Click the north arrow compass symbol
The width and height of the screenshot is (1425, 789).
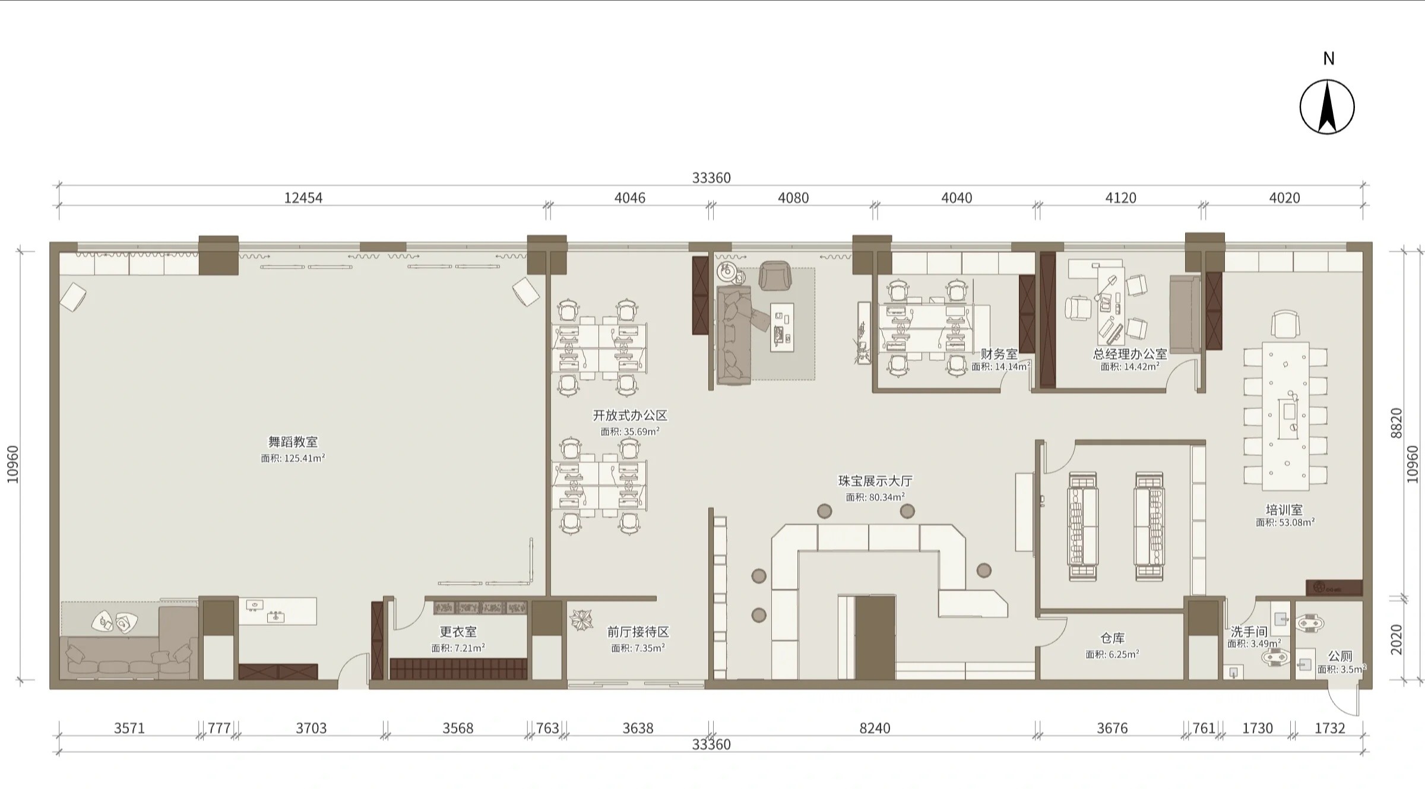1327,107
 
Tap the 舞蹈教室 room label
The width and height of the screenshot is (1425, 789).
293,442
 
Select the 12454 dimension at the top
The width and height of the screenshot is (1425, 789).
303,198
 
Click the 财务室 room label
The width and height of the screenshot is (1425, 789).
999,354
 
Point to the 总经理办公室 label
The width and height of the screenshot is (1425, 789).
1130,354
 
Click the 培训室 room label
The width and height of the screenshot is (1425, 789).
1284,510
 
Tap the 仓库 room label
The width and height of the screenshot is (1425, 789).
1112,638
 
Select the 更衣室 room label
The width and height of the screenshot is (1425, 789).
458,632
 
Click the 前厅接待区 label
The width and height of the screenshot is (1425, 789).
638,632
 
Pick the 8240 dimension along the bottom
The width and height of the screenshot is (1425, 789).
875,728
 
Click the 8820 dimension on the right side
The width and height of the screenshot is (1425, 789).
1396,423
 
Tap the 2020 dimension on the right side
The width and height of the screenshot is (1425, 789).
1396,639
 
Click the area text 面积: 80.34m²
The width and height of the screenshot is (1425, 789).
875,497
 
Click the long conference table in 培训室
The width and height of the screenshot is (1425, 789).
1285,416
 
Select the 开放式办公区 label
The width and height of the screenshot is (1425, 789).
630,416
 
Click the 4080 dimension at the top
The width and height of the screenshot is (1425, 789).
793,198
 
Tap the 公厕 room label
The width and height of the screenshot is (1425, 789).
1340,656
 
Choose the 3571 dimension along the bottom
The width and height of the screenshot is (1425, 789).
129,728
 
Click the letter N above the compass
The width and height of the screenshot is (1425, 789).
1329,58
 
